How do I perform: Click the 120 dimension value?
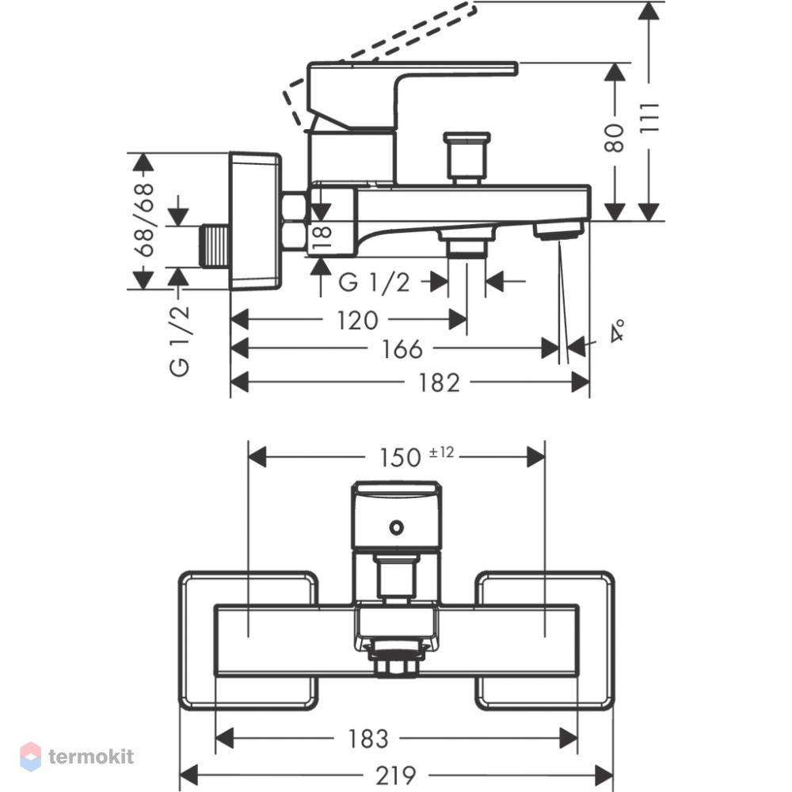[x=358, y=320]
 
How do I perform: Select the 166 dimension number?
[x=402, y=349]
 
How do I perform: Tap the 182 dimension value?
[x=440, y=383]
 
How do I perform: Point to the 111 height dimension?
[x=650, y=118]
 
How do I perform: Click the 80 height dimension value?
[x=615, y=138]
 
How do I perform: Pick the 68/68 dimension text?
[x=143, y=220]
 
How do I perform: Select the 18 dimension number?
[x=322, y=236]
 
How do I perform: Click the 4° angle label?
[x=617, y=330]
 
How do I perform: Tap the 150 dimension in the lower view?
[x=400, y=458]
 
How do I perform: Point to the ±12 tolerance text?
[x=441, y=452]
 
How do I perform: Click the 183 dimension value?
[x=368, y=739]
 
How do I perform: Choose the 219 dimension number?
[x=396, y=775]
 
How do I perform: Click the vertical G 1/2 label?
[x=179, y=341]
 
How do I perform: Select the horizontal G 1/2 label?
[x=375, y=283]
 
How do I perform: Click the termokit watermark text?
[x=91, y=756]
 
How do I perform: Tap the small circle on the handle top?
[x=397, y=527]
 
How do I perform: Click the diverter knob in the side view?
[x=466, y=158]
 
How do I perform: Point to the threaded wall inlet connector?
[x=215, y=246]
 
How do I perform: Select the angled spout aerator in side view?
[x=559, y=230]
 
